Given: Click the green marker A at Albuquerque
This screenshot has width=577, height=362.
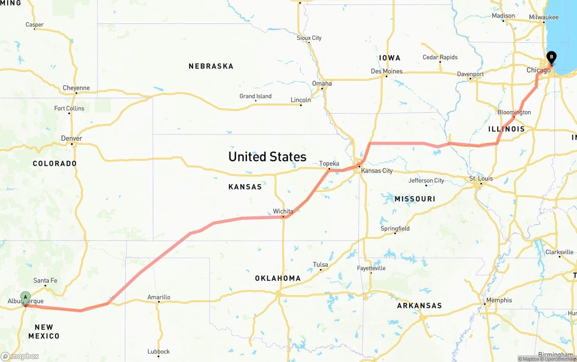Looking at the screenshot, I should point(26,298).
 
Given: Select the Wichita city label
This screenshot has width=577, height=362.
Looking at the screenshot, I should point(283,211).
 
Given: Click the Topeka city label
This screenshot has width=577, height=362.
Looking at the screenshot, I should point(329,164).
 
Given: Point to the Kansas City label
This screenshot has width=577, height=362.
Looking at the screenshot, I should point(376,171).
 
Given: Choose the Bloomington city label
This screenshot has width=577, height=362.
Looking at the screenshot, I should point(514,112).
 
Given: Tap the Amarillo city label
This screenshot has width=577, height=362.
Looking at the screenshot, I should point(159,297).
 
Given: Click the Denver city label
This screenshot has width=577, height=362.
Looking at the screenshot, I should point(72,138).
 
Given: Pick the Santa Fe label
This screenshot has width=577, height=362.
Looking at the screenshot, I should point(45,280).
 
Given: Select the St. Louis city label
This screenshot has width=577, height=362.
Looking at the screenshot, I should point(481,179).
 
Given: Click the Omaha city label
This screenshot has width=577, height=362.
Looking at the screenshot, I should point(322,83).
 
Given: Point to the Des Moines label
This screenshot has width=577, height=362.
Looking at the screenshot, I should point(386,71).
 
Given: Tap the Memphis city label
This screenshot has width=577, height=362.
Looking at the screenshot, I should point(499,300).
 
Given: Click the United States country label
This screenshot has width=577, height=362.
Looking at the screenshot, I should point(267,157).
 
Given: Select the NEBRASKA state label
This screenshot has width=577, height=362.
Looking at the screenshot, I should point(211,66).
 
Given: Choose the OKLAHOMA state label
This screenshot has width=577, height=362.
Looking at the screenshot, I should point(278,278).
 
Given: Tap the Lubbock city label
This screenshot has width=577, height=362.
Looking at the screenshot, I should point(159,351).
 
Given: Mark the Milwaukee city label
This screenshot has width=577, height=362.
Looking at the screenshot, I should point(544,17).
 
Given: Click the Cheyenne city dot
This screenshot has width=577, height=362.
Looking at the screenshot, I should point(76,93).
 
